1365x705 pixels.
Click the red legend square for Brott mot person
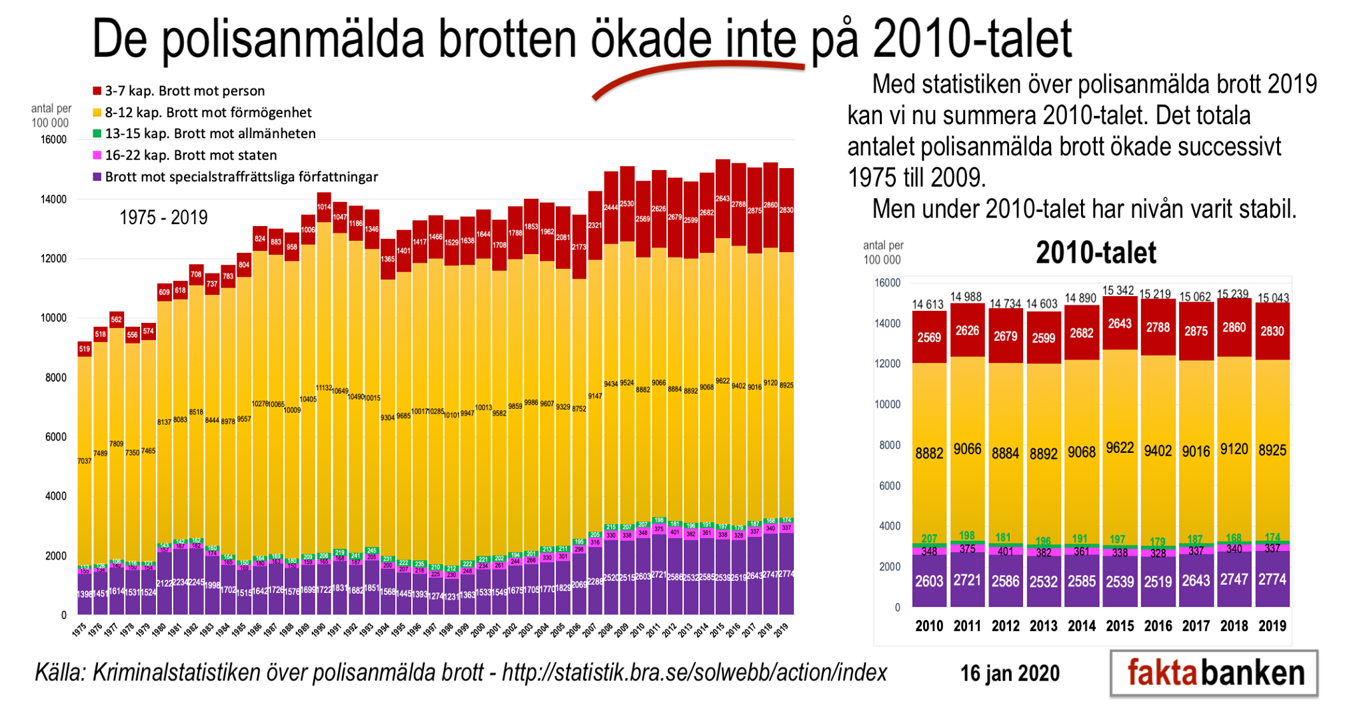tap(97, 91)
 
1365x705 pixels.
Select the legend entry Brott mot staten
tap(191, 155)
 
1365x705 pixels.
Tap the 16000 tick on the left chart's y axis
tap(54, 139)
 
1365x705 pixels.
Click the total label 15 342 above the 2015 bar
tap(1120, 290)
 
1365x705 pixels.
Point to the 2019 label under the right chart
tap(1272, 626)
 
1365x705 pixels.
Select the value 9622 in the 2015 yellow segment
tap(1120, 448)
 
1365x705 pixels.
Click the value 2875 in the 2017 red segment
tap(1196, 331)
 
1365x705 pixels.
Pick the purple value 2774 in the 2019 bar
tap(1272, 580)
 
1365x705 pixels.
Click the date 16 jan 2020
tap(1010, 673)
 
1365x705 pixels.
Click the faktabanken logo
tap(1214, 673)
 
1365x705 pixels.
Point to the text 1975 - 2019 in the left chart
tap(163, 217)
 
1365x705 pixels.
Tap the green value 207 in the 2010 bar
tap(929, 538)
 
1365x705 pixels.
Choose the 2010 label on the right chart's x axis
tap(929, 626)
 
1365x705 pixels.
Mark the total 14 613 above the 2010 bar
tap(928, 304)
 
